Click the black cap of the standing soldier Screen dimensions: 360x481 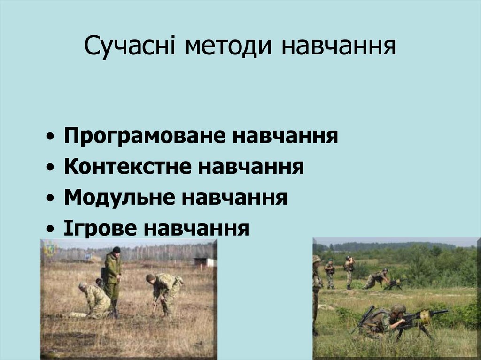116,250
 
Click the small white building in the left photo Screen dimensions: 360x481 204,262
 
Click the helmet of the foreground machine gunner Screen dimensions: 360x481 398,308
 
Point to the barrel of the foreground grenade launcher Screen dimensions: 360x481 438,312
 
